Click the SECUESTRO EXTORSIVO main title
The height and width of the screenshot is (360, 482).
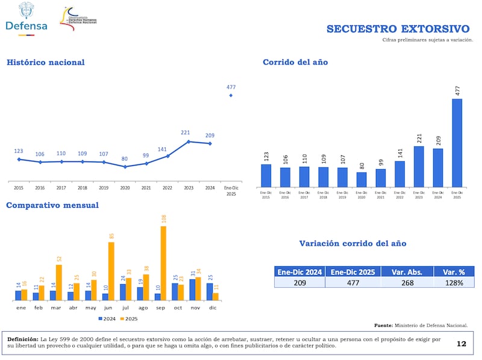pos(398,29)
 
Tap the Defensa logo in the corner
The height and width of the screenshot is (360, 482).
pos(26,19)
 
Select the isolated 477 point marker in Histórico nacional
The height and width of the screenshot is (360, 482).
pos(231,95)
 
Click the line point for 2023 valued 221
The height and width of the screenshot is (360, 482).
pos(189,141)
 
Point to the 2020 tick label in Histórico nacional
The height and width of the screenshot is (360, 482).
pos(125,188)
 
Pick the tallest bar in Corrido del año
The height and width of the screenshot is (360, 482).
pos(457,143)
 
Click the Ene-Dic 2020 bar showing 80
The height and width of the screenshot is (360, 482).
pos(361,179)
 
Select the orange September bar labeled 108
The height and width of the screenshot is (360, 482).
pos(163,262)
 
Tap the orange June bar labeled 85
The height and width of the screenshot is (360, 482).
pos(111,271)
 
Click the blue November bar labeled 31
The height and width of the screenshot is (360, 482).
pos(192,290)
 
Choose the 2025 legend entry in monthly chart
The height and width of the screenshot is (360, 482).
pos(128,318)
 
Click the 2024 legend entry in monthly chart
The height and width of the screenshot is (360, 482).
pos(107,318)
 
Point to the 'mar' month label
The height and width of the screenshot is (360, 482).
pos(56,307)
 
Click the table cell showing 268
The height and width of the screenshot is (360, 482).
pos(407,282)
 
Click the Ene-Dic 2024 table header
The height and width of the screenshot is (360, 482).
pos(299,272)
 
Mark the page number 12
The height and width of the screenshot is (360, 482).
pos(462,344)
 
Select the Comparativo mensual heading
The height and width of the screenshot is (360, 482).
pos(52,205)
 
